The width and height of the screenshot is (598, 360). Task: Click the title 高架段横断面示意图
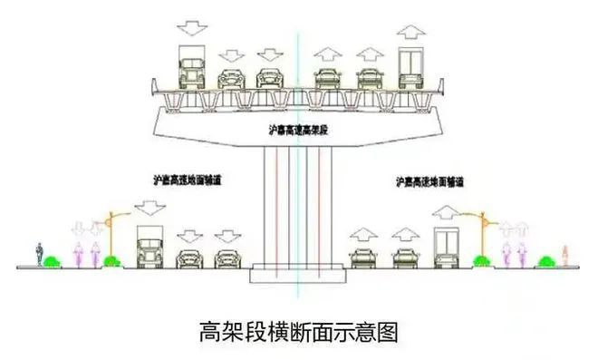(298, 331)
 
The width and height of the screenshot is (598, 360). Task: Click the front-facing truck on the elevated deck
(193, 68)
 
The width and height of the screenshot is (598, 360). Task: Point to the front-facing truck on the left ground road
(149, 248)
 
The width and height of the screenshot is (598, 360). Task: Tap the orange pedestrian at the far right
(565, 255)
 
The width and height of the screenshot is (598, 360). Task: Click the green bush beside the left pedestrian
(53, 263)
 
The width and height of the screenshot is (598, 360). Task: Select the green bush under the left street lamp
(112, 263)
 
